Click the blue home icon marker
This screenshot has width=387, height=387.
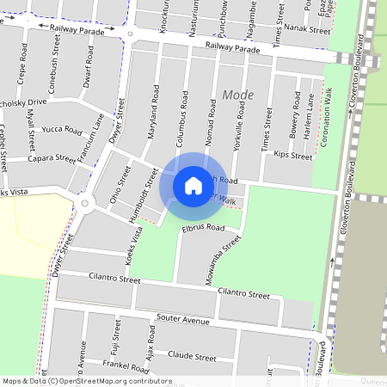[x=193, y=185]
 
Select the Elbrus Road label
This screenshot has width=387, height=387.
[x=203, y=229]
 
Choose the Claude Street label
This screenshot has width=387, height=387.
[x=192, y=355]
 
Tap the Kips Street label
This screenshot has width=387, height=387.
[x=292, y=156]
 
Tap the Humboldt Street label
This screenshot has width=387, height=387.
[x=144, y=188]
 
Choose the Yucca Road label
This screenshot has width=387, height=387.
[x=61, y=131]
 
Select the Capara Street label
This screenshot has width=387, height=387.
[x=52, y=158]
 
